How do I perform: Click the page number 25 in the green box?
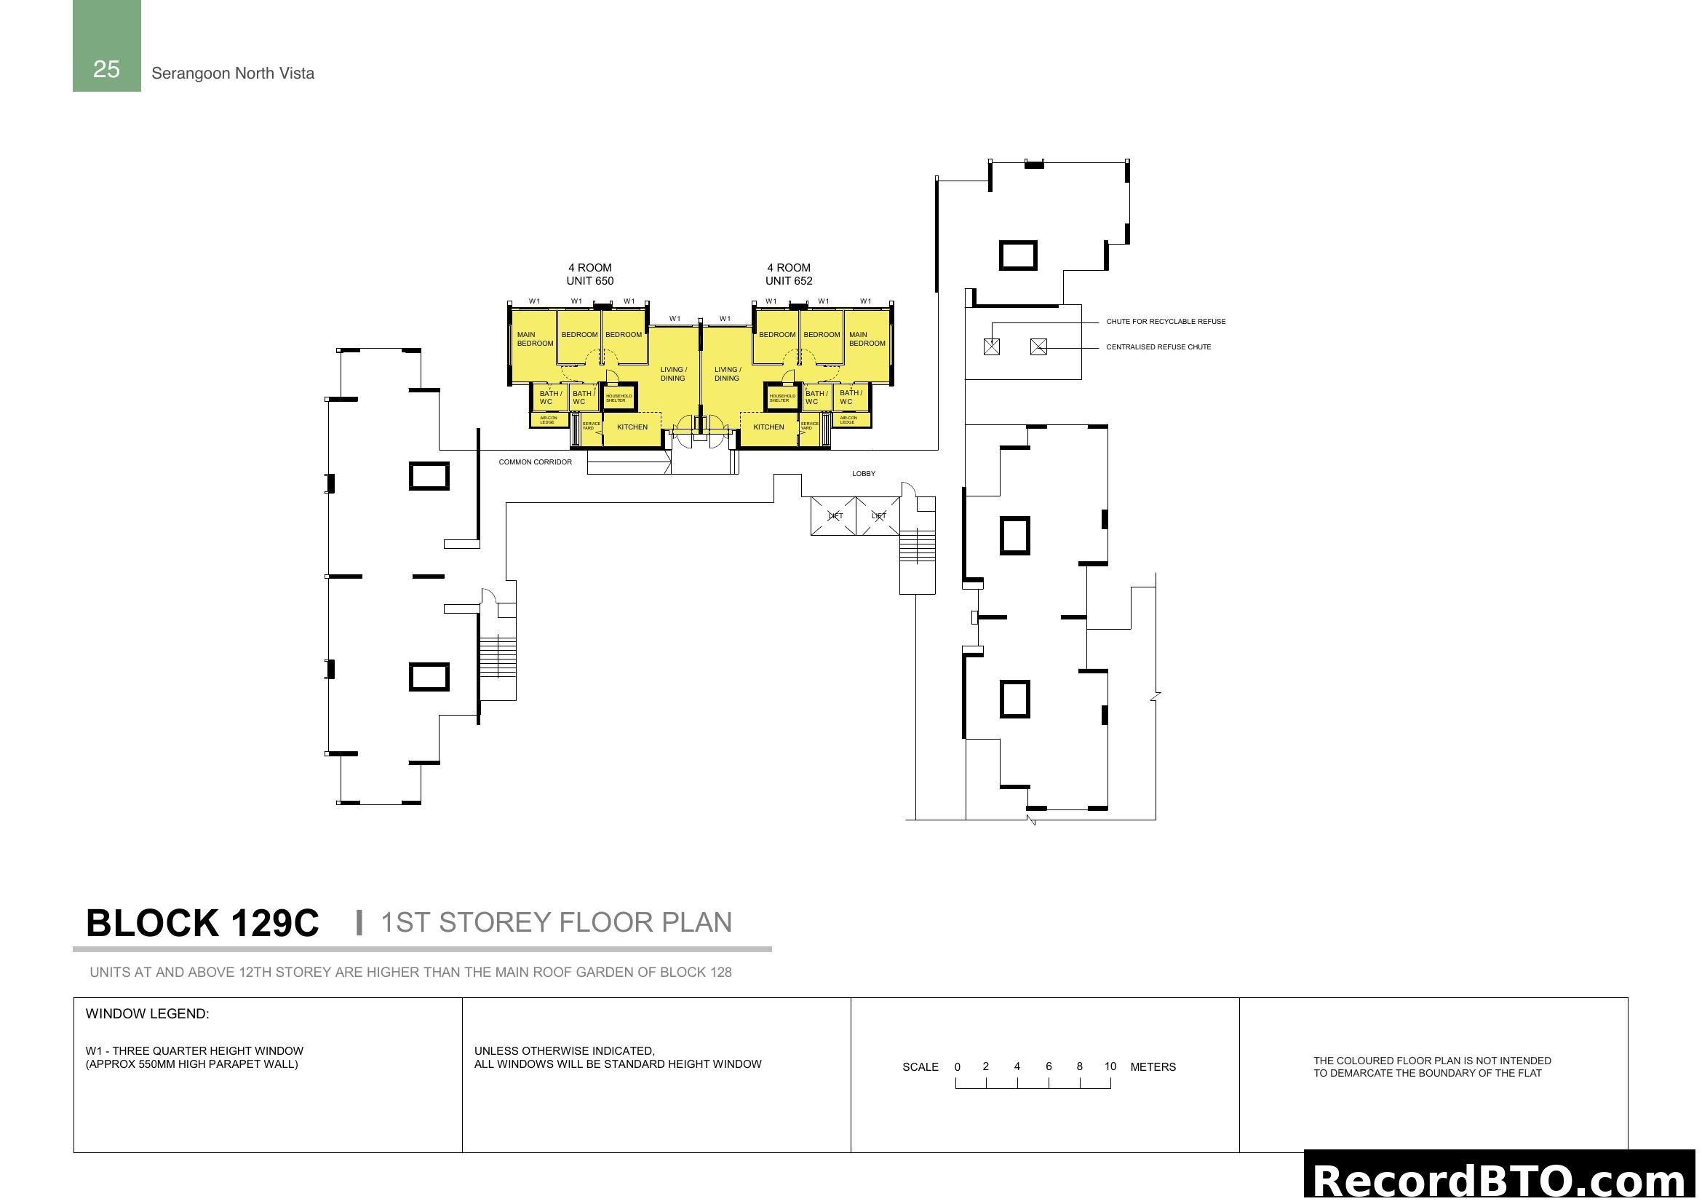point(106,69)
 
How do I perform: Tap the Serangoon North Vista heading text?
point(233,74)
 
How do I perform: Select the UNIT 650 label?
point(590,281)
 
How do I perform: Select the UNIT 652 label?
point(789,281)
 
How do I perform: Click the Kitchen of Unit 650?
point(632,427)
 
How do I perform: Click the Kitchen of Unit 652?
point(768,427)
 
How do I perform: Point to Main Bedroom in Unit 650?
point(535,338)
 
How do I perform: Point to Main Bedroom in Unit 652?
point(867,338)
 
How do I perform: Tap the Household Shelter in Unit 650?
point(619,398)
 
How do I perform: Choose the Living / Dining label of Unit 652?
point(727,373)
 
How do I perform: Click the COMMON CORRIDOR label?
point(536,462)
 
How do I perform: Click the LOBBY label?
point(864,473)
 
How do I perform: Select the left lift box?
point(834,516)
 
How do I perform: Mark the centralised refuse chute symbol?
point(1038,346)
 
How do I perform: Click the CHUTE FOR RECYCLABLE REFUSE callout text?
point(1165,322)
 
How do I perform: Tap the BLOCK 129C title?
point(202,923)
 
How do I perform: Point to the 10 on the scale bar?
point(1110,1066)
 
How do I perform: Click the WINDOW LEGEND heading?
point(148,1013)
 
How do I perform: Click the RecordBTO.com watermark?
point(1501,1180)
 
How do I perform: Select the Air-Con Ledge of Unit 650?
point(549,420)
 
